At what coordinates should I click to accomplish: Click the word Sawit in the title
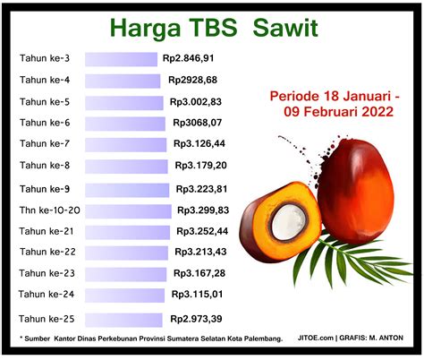(x=285, y=28)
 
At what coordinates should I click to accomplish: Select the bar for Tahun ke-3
(x=121, y=59)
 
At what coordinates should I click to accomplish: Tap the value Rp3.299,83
(x=203, y=210)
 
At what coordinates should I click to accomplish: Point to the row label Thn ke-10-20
(x=50, y=210)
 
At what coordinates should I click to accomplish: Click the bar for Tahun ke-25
(x=123, y=320)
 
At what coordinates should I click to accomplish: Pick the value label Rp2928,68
(x=192, y=80)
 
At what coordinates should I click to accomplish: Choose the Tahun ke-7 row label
(x=45, y=143)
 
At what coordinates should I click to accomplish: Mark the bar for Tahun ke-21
(x=127, y=233)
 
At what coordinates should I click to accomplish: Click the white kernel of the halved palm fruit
(x=289, y=222)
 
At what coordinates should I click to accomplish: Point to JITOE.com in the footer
(x=316, y=338)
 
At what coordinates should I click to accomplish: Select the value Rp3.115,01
(x=197, y=295)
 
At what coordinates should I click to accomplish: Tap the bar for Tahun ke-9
(x=127, y=191)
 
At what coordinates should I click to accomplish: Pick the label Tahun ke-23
(x=47, y=273)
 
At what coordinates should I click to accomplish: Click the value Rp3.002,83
(x=196, y=102)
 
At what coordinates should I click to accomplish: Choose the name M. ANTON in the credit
(x=386, y=338)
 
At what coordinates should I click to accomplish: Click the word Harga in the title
(x=146, y=29)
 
